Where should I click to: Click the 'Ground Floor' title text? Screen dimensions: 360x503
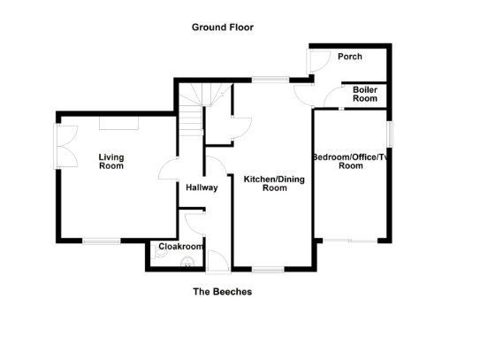[223, 27]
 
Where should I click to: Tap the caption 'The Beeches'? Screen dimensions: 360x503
[223, 291]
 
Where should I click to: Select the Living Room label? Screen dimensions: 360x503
[111, 161]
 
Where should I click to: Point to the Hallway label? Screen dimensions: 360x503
[202, 188]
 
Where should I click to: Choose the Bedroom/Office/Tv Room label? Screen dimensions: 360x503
[350, 161]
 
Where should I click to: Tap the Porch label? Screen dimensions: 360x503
[350, 57]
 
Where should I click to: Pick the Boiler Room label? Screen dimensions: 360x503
[365, 95]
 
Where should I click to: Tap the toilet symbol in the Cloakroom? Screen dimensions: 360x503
[187, 260]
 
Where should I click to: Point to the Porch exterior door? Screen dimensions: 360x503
[312, 60]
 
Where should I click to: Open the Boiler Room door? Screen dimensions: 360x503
[333, 96]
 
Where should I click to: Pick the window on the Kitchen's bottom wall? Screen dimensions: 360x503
[266, 269]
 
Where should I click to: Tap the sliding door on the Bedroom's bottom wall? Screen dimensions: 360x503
[351, 240]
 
